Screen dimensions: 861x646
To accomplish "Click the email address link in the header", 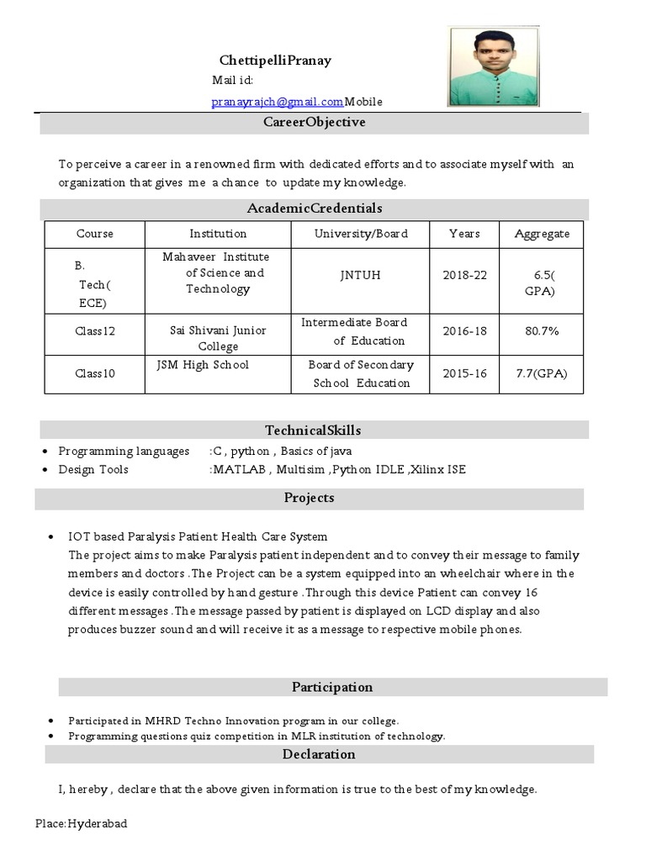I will click(x=277, y=102).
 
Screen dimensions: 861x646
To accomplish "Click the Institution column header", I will click(x=218, y=234).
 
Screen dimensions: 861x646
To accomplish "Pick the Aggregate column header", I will click(x=542, y=234).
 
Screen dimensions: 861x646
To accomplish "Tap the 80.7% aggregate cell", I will click(x=542, y=331).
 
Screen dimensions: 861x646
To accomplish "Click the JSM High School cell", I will click(x=203, y=365).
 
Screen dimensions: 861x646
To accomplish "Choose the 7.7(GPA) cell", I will click(x=542, y=373).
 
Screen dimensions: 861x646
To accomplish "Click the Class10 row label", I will click(x=94, y=373).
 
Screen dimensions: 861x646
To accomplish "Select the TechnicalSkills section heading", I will click(x=313, y=430).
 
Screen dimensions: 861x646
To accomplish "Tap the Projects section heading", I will click(x=309, y=498).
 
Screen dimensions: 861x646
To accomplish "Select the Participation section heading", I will click(x=331, y=687).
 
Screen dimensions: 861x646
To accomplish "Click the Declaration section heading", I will click(x=319, y=754).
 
